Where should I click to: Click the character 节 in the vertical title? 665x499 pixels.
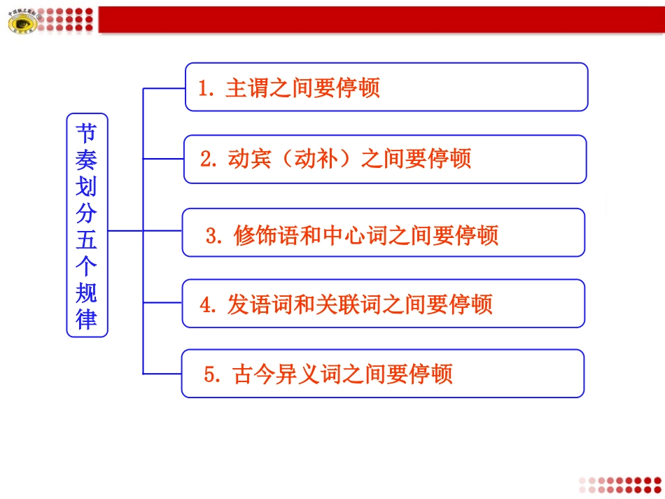(87, 133)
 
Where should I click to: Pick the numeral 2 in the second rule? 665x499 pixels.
(205, 159)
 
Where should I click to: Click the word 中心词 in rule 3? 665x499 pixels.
(344, 236)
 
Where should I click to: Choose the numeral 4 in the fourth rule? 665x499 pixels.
(206, 305)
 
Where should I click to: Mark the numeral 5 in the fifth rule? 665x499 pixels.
(209, 374)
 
